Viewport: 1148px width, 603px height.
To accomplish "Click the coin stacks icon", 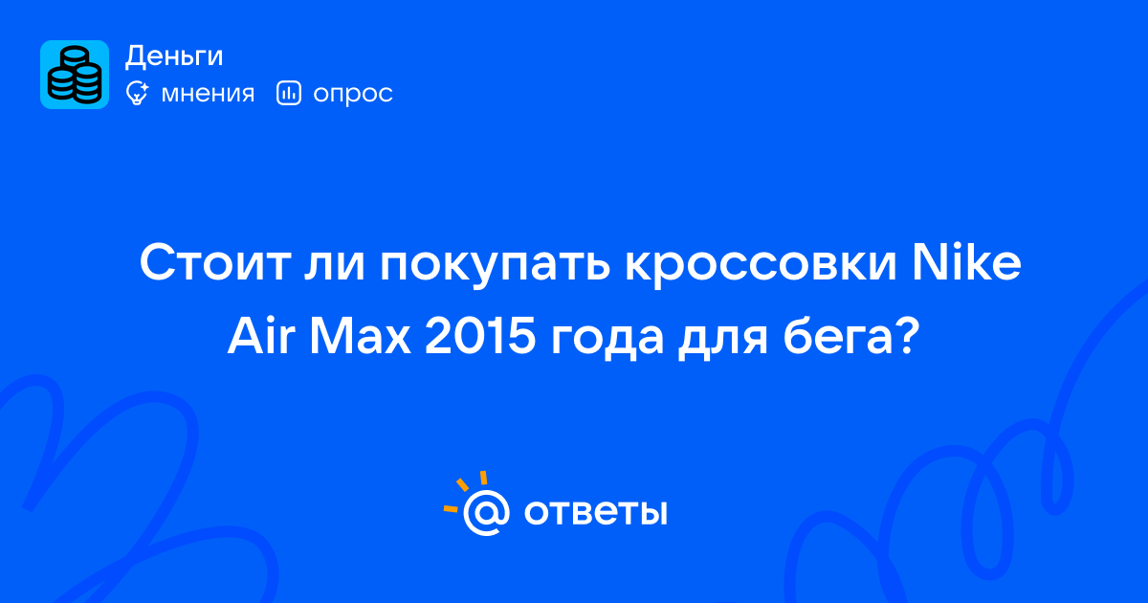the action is (x=75, y=75).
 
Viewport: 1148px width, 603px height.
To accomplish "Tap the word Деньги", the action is (x=174, y=56).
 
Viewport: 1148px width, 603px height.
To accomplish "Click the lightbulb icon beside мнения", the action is (x=137, y=94).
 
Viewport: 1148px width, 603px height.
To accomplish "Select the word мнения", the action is (x=208, y=94).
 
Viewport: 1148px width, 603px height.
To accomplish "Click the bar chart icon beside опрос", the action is (x=289, y=94).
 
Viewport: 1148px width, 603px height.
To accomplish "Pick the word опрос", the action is (x=353, y=95).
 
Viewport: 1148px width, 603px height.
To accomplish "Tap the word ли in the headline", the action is (x=334, y=266).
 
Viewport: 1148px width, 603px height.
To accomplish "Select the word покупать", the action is (x=496, y=267).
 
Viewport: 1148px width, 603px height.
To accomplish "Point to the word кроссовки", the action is (x=761, y=267).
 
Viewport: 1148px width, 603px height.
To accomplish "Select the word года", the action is (x=607, y=340).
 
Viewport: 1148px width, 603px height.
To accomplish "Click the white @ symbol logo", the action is (x=486, y=513).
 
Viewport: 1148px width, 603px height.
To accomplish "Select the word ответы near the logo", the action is (x=595, y=512).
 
